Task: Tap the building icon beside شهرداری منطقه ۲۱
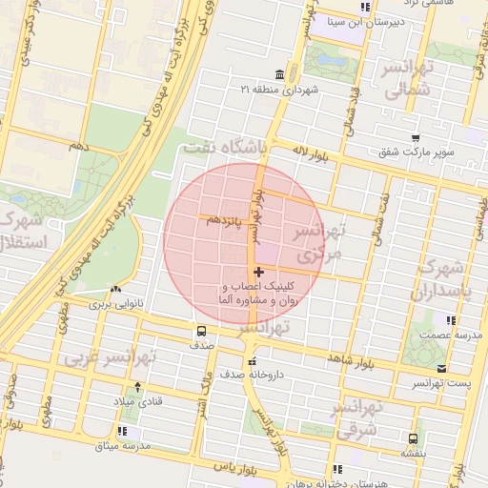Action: [x=278, y=74]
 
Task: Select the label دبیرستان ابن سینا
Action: [x=361, y=20]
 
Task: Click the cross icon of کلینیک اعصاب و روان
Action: [x=259, y=273]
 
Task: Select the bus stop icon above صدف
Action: [x=201, y=331]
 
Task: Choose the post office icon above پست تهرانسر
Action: [x=440, y=368]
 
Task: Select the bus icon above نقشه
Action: [x=412, y=439]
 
